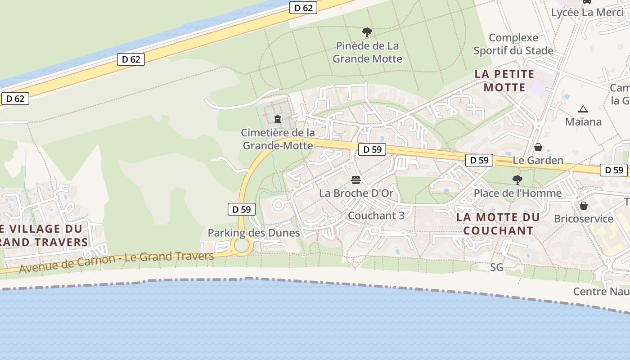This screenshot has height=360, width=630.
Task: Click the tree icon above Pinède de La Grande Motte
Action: pos(367,32)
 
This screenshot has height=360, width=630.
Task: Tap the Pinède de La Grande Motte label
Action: pos(367,52)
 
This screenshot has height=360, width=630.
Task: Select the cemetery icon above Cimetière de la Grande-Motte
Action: pos(278,119)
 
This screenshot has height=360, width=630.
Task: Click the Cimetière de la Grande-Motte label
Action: pos(278,139)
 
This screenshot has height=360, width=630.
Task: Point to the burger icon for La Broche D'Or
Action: pos(356,180)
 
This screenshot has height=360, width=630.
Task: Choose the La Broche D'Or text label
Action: pos(356,193)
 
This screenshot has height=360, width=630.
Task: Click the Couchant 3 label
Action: pos(376,216)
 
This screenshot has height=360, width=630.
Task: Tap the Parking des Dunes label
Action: pos(253,233)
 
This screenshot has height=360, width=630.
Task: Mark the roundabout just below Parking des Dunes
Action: pos(242,246)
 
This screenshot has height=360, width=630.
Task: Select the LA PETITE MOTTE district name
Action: pos(504,81)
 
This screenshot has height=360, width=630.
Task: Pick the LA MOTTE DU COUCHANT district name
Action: pos(498,224)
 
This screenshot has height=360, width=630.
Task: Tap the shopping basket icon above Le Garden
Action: pos(538,147)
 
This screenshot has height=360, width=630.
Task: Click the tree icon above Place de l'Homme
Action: pos(517,180)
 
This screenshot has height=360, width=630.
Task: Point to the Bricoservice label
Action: pos(583,219)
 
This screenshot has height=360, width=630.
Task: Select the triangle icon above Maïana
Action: pos(583,109)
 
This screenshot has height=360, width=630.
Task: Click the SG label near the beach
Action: pos(496,267)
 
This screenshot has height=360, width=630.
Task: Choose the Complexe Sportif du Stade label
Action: pos(513,44)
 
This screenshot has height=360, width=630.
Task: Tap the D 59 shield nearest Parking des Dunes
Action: pos(242,209)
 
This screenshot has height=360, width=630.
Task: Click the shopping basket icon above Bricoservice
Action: pos(583,206)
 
